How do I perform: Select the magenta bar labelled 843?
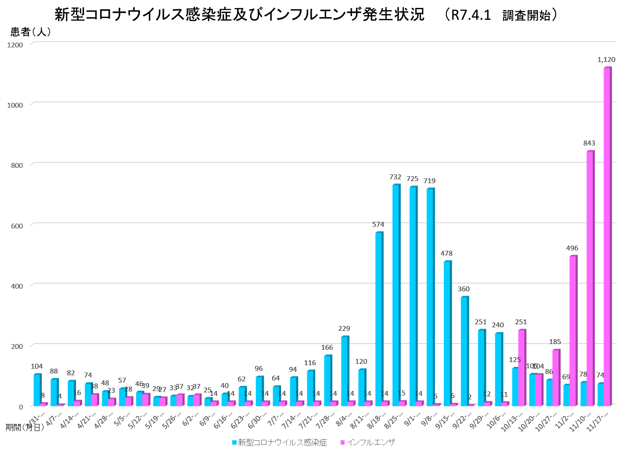590,279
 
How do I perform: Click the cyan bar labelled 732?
395,295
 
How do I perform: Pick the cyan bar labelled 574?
378,319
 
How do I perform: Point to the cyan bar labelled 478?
447,333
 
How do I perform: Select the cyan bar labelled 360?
464,352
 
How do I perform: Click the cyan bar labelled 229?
344,371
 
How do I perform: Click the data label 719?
429,181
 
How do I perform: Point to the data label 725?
412,179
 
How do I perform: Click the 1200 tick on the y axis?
15,45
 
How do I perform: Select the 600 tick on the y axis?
17,226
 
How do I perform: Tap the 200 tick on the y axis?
17,346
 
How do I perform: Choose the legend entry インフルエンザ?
370,442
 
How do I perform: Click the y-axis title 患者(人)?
31,32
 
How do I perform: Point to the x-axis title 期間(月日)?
24,428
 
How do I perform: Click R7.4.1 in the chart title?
471,15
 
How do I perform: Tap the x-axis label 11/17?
598,421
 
